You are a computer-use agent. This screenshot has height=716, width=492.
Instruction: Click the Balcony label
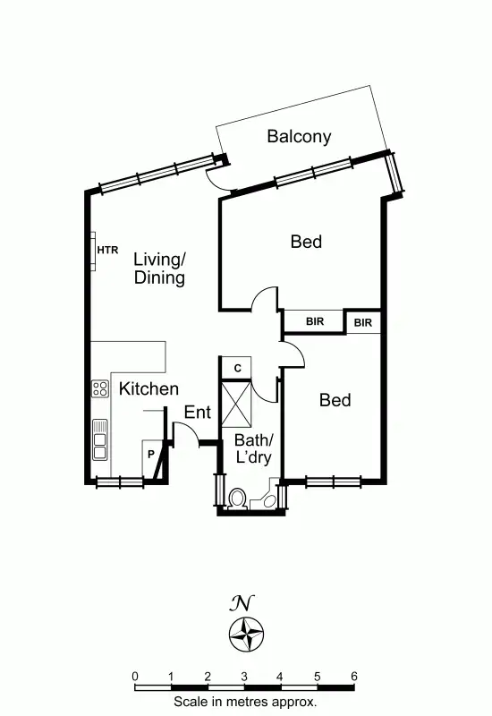tap(299, 137)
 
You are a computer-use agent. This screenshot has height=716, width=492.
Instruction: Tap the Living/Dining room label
tap(159, 268)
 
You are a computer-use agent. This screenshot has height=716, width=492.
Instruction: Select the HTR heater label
tap(107, 251)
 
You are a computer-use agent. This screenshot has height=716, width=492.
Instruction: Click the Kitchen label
tap(148, 389)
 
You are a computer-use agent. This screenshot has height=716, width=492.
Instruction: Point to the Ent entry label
tap(197, 413)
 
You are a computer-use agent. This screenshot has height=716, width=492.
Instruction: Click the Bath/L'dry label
tap(253, 448)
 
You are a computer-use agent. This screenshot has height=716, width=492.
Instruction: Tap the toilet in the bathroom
tap(239, 498)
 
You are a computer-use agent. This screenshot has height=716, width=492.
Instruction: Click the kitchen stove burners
tap(99, 388)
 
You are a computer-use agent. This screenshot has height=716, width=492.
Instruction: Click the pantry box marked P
tap(151, 455)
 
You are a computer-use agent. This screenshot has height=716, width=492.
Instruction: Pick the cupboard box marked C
tap(237, 368)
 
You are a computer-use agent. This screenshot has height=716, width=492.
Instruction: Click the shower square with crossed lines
tap(236, 404)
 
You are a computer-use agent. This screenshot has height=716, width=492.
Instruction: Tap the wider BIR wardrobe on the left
tap(314, 321)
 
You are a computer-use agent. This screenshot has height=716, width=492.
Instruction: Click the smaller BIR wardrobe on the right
tap(363, 321)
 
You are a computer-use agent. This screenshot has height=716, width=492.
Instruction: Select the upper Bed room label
tap(306, 242)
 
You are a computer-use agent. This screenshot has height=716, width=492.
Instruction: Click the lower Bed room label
tap(335, 400)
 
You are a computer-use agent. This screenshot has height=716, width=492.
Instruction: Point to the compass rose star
tap(245, 634)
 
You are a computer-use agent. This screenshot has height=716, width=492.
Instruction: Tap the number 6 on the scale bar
tap(354, 676)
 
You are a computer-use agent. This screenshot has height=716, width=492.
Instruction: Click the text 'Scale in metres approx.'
tap(245, 703)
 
